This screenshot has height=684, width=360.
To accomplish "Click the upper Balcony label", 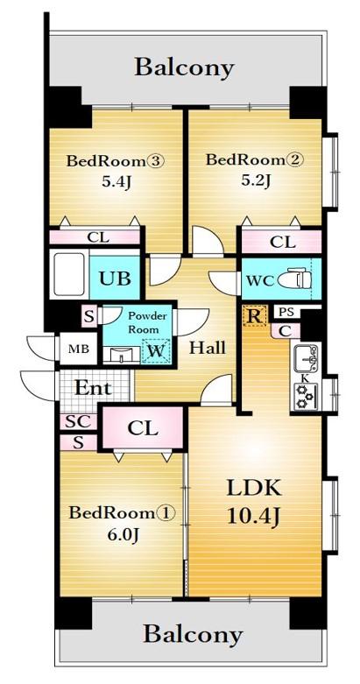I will pos(184,67).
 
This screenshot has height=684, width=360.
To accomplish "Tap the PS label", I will pos(285,312).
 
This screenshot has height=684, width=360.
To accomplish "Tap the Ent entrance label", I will pos(91,388).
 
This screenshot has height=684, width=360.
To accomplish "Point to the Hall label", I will pos(208,348).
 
